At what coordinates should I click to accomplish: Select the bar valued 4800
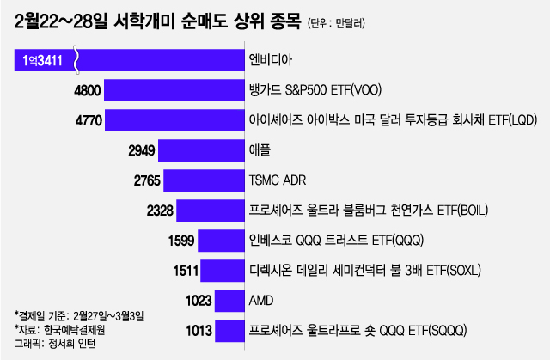[175, 89]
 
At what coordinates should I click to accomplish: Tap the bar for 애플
[199, 150]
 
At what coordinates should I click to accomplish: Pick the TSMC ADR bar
[203, 180]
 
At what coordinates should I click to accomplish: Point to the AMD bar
[228, 301]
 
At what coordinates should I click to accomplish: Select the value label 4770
[89, 120]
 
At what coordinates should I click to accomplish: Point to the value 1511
[186, 271]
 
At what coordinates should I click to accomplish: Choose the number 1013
[198, 331]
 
